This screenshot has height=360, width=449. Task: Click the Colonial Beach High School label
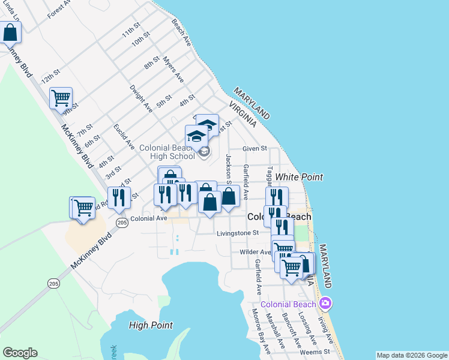167,152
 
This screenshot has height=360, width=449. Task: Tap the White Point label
300,177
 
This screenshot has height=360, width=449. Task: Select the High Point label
151,325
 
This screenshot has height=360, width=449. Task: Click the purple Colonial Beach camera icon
326,302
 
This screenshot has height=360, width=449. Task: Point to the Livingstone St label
238,233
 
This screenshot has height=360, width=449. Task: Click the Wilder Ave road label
255,253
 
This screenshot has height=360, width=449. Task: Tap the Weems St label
318,352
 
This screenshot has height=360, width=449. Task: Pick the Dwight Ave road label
141,98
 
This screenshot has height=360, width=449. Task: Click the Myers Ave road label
173,70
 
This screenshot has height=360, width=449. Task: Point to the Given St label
254,149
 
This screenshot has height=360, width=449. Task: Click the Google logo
20,353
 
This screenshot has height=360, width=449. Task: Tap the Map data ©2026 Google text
411,355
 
